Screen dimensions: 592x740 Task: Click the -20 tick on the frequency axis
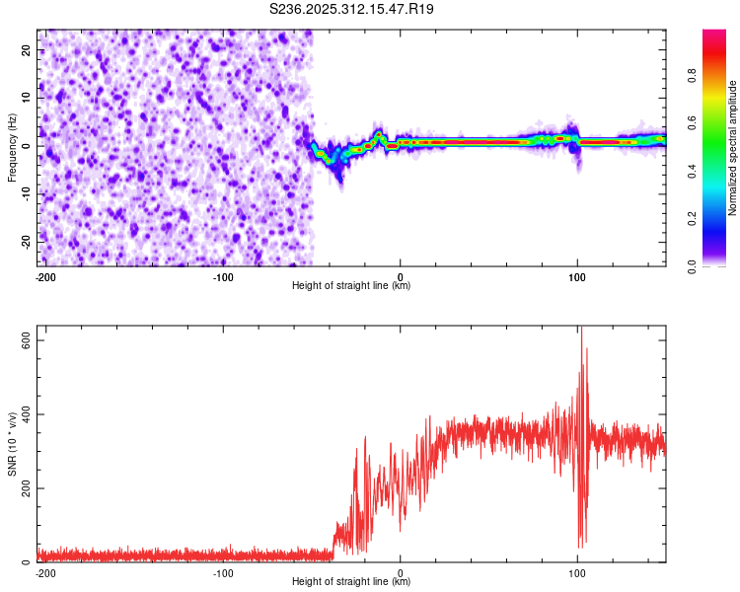25,242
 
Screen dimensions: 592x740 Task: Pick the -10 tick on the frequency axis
25,194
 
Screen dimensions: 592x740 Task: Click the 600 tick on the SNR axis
22,339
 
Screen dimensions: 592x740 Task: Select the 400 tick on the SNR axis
22,414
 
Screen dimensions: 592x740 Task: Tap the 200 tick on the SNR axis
22,488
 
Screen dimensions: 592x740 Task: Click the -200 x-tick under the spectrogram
44,276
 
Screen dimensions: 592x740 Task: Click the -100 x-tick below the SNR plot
223,572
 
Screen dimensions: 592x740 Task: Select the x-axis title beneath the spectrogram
351,286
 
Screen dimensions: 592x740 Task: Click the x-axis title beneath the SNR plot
351,582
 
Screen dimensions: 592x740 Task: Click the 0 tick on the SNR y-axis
28,562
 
